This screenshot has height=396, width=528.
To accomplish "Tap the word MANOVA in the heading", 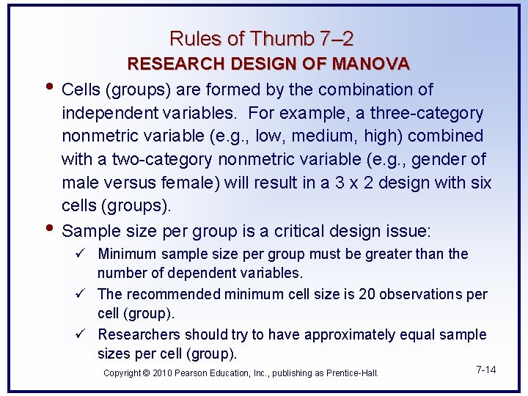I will click(370, 64).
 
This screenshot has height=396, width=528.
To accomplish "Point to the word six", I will click(476, 183).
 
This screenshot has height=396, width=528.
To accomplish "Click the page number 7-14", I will click(486, 370).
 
